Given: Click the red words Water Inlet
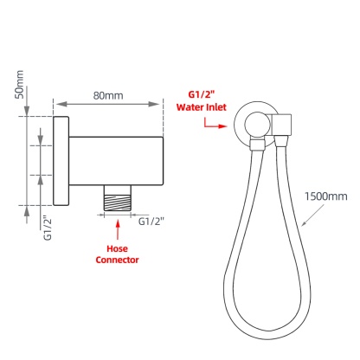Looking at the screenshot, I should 201,108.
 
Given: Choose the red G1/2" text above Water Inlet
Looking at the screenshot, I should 201,94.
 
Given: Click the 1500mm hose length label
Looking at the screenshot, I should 325,197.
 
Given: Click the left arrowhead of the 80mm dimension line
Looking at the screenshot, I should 60,105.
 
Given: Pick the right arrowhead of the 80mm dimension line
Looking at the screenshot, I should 159,105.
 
